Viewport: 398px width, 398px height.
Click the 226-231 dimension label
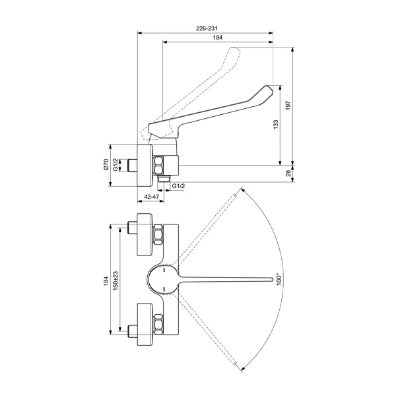click(207, 28)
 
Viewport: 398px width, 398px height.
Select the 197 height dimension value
click(288, 106)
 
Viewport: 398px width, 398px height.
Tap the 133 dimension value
click(276, 125)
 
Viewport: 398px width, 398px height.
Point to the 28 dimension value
click(288, 174)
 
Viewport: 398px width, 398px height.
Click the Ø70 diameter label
click(106, 164)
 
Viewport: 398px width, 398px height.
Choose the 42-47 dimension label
click(152, 197)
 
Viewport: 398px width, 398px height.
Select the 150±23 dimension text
click(116, 281)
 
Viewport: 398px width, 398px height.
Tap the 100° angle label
click(279, 279)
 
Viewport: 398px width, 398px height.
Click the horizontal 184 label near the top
click(218, 38)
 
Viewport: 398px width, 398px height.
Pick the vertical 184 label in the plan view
click(106, 281)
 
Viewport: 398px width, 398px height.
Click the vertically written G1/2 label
click(116, 165)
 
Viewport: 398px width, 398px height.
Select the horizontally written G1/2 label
click(178, 186)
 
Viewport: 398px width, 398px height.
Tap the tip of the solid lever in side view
click(272, 91)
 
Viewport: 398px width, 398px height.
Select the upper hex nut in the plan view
click(158, 234)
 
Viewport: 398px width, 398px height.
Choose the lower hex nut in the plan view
click(158, 324)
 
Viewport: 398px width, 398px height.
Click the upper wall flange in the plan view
click(145, 234)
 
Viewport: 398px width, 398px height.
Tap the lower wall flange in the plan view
click(145, 324)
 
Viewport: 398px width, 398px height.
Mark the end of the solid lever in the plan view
click(273, 279)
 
